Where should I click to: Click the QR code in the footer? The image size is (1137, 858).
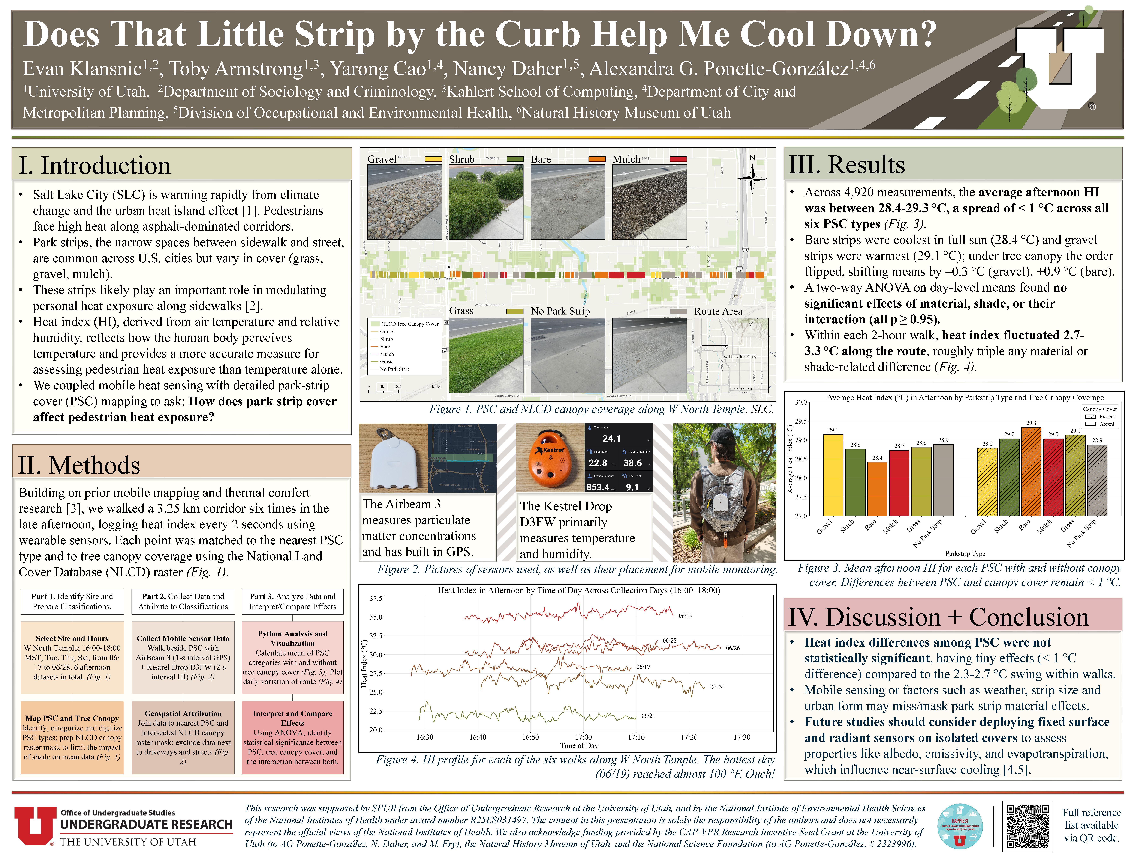pyautogui.click(x=1027, y=826)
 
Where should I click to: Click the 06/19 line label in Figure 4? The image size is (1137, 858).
pyautogui.click(x=685, y=615)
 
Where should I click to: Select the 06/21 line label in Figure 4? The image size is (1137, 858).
pyautogui.click(x=648, y=716)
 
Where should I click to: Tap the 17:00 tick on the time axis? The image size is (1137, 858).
pyautogui.click(x=583, y=737)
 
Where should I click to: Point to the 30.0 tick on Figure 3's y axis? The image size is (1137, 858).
pyautogui.click(x=800, y=402)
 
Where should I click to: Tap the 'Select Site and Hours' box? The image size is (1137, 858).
pyautogui.click(x=72, y=658)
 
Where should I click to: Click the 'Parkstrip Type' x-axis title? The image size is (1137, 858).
pyautogui.click(x=965, y=553)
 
